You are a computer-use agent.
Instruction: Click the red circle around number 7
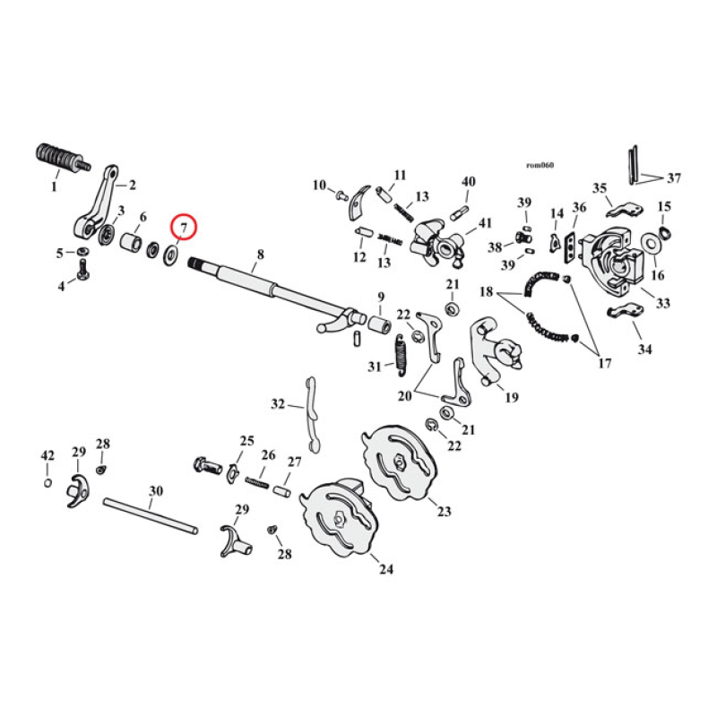coord(184,227)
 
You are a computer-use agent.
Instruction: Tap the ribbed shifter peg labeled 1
coord(63,160)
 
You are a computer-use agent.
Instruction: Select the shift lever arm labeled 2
coord(98,202)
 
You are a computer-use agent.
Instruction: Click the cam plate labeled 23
coord(399,462)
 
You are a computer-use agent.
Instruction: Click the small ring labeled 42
coord(48,483)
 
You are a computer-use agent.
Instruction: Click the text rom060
coord(540,165)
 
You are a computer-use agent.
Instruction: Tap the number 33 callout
coord(663,303)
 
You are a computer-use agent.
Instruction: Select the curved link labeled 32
coord(312,415)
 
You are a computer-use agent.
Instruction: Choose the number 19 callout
coord(511,397)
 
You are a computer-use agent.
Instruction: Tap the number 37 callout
coord(674,177)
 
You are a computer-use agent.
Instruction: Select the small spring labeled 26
coord(258,483)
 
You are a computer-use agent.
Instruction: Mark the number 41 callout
coord(485,223)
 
